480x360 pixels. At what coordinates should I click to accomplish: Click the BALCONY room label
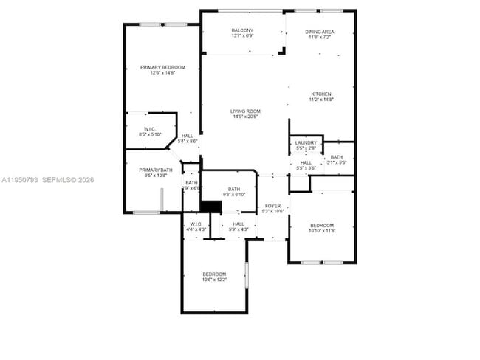click(242, 30)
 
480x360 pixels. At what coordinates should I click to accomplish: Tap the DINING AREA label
click(320, 32)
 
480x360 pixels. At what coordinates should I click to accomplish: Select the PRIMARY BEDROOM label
click(162, 67)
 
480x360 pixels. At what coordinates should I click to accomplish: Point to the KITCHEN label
click(320, 94)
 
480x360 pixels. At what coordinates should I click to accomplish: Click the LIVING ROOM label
click(245, 111)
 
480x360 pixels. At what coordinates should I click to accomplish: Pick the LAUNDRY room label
click(306, 142)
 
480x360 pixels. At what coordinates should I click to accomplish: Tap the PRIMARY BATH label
click(155, 170)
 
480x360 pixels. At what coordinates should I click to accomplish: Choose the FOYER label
click(273, 206)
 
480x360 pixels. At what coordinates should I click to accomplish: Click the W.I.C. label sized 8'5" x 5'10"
click(150, 129)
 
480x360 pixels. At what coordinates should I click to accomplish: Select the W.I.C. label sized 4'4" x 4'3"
click(196, 224)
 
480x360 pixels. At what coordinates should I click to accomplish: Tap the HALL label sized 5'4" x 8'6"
click(188, 136)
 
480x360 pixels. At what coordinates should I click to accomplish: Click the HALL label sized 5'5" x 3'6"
click(306, 162)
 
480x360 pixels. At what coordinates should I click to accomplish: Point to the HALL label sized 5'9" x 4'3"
click(239, 224)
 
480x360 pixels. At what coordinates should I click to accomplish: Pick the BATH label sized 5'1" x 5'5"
click(337, 156)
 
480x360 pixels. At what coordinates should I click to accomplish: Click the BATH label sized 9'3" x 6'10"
click(234, 189)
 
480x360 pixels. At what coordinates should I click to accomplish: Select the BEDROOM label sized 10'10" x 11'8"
click(321, 225)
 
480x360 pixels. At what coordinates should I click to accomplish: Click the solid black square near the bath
click(211, 207)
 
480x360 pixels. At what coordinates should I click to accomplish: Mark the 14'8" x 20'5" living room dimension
click(245, 117)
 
